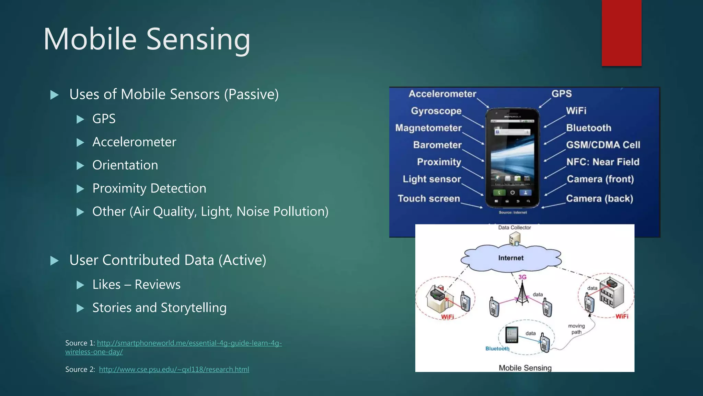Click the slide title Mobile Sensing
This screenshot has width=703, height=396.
tap(147, 39)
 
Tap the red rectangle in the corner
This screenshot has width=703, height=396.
tap(621, 33)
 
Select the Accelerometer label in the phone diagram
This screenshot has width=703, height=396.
tap(442, 94)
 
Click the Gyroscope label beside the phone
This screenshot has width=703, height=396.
tap(436, 111)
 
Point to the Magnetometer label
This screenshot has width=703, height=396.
tap(428, 128)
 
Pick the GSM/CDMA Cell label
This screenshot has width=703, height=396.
tap(603, 145)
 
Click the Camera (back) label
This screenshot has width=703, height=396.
tap(599, 199)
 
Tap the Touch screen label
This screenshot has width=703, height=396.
tap(429, 199)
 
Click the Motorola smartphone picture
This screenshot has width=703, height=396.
tap(512, 158)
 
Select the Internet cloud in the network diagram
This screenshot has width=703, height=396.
tap(511, 258)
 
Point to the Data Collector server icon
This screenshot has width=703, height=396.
tap(515, 239)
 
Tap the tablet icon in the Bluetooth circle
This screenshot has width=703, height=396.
tap(512, 334)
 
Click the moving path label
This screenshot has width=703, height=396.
tap(576, 329)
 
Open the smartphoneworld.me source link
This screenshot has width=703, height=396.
tap(189, 343)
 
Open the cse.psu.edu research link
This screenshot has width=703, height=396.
tap(174, 370)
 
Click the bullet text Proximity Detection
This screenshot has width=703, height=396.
tap(149, 188)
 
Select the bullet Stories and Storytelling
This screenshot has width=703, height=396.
tap(159, 308)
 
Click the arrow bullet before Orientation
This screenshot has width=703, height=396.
tap(80, 166)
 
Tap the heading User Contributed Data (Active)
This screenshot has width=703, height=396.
tap(168, 260)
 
